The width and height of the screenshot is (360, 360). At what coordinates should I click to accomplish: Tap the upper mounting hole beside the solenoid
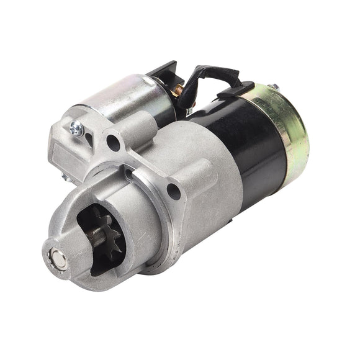[x=113, y=143]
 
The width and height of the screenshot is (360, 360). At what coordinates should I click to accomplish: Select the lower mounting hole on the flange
[x=173, y=191]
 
